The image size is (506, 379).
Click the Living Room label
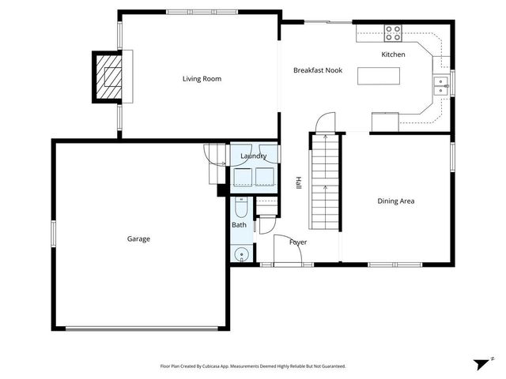pos(202,79)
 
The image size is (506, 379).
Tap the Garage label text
pos(138,238)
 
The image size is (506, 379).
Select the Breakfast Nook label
pos(316,71)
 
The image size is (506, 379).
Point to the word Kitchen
pos(393,54)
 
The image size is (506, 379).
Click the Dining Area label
pos(395,201)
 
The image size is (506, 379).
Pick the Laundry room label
pos(253,156)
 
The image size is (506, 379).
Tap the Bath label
pos(239,225)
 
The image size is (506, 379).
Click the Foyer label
pos(298,242)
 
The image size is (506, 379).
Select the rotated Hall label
pos(300,183)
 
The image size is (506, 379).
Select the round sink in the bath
pos(242,253)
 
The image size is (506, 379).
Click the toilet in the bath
pos(242,208)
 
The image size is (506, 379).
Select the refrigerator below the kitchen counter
pos(385,122)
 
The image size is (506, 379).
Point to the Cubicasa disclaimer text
pos(252,366)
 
